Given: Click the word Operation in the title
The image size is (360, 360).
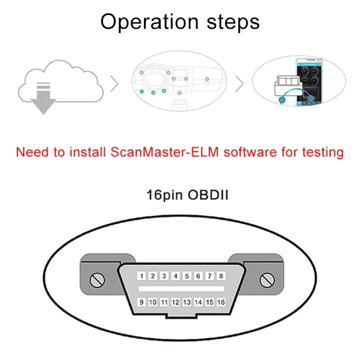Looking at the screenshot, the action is point(149,22).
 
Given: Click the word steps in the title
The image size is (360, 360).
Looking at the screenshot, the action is point(233,22).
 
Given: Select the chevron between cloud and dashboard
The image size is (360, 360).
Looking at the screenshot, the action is point(114,84).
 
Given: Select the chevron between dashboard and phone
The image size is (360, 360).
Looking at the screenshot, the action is point(240,84).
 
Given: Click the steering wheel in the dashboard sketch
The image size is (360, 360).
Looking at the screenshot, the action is point(154,78).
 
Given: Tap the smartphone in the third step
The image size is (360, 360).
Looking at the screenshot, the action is point(309,82).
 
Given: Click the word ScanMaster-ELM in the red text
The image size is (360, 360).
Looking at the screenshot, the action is point(165,152).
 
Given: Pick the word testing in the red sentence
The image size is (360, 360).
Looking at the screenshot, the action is point(323,153).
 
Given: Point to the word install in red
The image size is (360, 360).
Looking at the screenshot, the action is point(87,152).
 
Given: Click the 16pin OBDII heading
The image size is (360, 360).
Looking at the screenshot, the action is point(187,195).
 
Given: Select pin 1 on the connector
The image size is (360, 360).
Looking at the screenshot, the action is point(142,276).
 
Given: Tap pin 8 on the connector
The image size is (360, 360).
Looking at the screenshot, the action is point(221,276).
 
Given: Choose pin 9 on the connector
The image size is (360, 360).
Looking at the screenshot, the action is point(142,302).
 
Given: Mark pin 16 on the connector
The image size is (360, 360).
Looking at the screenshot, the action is point(221,302).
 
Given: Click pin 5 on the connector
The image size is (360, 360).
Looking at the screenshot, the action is point(187,276).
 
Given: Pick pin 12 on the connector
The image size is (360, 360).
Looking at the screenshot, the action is point(176,302).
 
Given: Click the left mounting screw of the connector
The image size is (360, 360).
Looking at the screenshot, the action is point(97,280).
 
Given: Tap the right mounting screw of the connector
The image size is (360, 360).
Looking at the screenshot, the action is point(267,280).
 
